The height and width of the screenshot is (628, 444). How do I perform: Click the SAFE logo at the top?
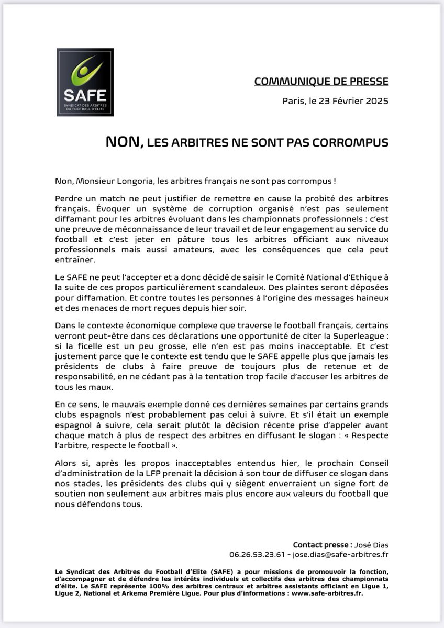[85, 82]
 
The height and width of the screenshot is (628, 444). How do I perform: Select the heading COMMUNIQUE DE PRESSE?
[321, 81]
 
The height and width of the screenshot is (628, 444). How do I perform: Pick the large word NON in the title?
[124, 142]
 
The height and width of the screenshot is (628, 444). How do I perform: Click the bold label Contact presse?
[324, 545]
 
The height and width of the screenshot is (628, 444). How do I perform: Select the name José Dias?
[373, 545]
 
